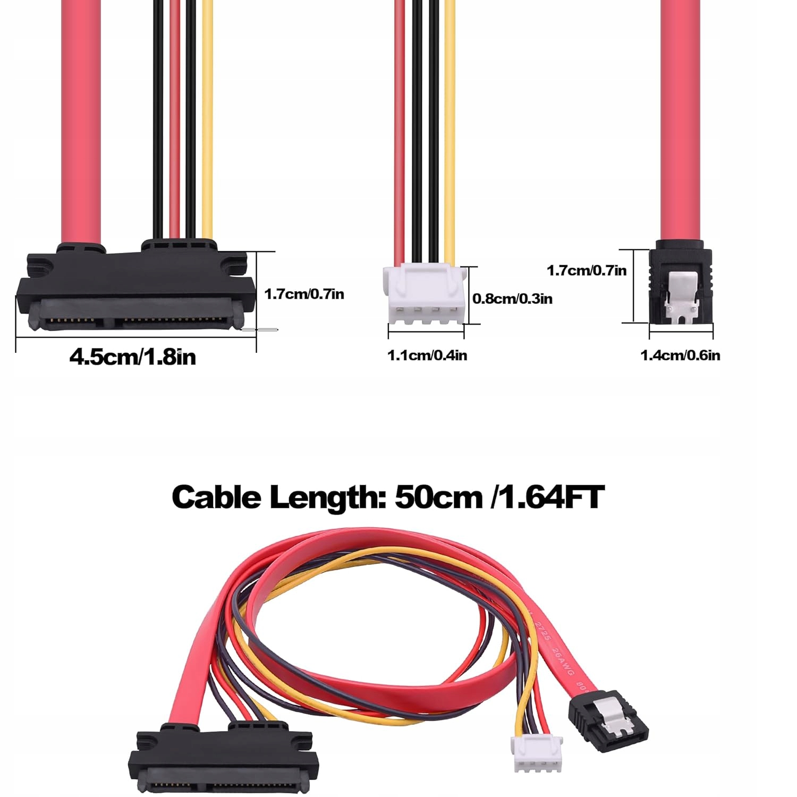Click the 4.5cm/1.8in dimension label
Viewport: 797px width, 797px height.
[132, 357]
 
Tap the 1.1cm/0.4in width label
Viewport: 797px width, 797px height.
[427, 355]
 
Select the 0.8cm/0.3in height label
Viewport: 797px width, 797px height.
[512, 299]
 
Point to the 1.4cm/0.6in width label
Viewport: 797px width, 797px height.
[680, 355]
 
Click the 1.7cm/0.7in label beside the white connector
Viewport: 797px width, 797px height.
[304, 294]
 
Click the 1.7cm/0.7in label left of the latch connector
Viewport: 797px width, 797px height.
[587, 270]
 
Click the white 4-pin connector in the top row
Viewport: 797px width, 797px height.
[423, 294]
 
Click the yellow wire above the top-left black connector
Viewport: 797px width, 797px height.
[207, 117]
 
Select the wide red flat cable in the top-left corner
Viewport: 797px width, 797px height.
[81, 117]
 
